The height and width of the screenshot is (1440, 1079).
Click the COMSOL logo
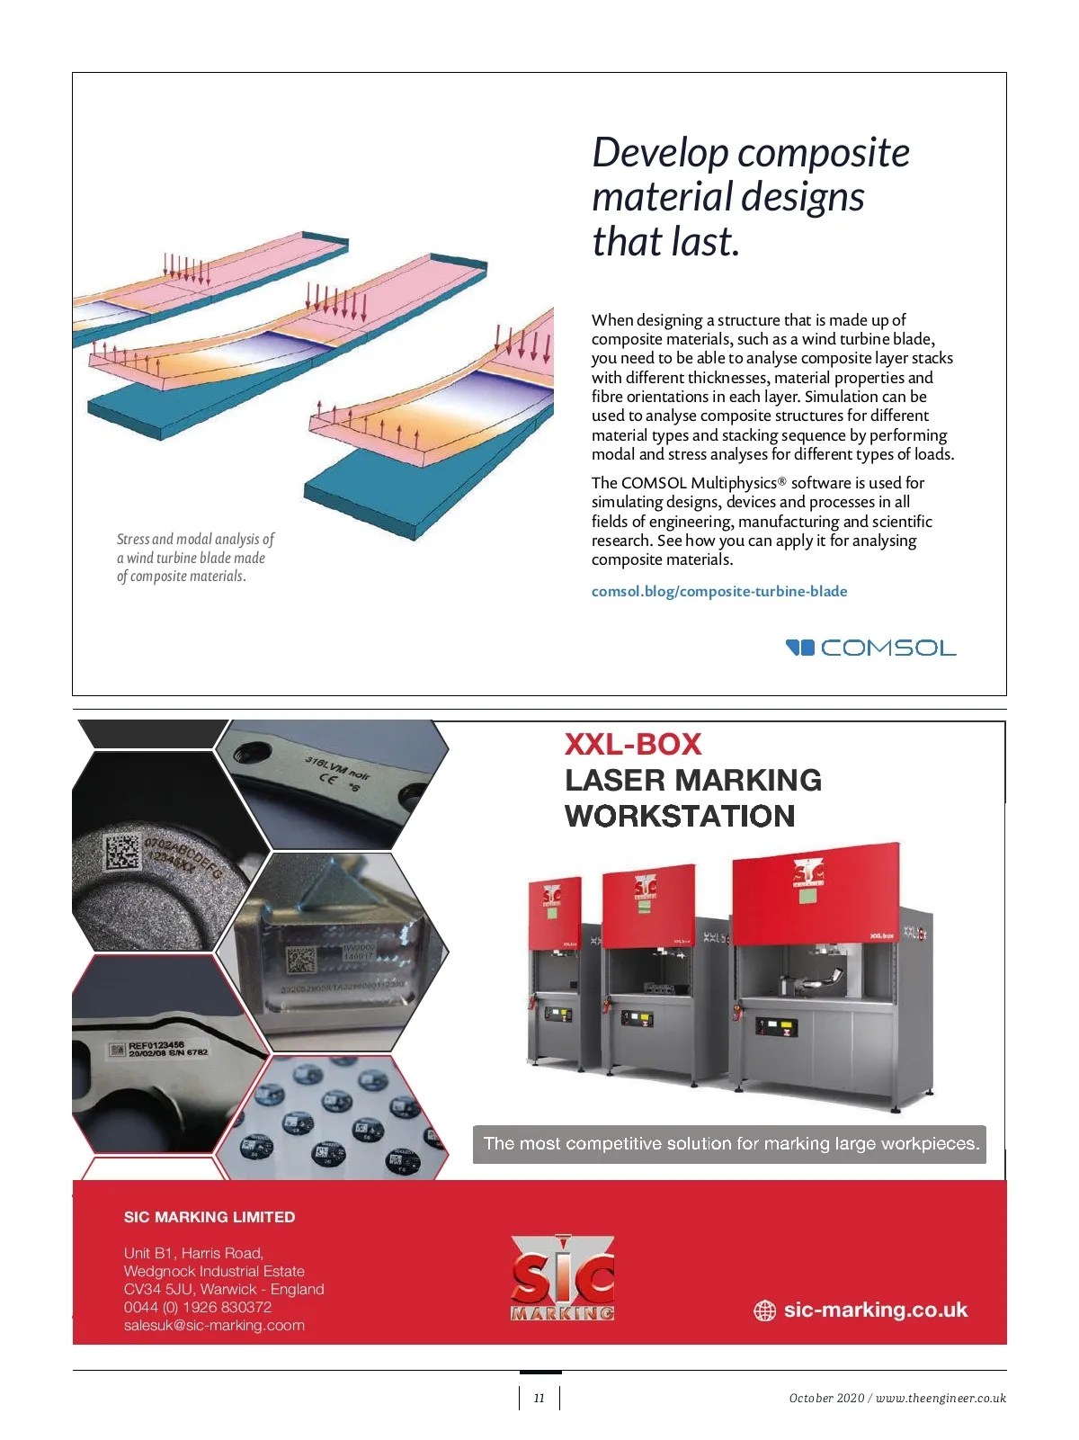point(870,648)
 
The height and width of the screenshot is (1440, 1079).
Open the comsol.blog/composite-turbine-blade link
point(718,591)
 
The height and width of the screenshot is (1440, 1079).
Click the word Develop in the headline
point(658,153)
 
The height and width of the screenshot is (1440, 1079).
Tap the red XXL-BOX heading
point(632,744)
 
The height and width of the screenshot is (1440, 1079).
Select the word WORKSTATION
point(680,816)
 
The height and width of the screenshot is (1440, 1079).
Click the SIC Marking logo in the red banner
point(563,1278)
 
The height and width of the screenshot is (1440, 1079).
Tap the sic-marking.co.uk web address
point(875,1310)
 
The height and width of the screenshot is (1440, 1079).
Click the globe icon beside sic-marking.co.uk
point(764,1310)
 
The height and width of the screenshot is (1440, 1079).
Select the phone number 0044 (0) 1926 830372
point(198,1307)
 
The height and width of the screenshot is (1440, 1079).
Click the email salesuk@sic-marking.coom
point(214,1325)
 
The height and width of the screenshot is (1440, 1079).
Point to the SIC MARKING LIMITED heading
point(210,1217)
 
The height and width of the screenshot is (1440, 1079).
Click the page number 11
point(539,1398)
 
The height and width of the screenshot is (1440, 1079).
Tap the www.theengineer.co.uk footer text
point(941,1398)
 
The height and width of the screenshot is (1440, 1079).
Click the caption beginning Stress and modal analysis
point(194,558)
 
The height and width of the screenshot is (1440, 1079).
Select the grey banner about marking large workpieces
point(729,1144)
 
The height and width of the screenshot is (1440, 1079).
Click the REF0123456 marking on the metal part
point(156,1046)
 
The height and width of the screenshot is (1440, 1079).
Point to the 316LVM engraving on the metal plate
point(336,769)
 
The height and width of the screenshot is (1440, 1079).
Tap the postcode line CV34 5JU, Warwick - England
point(224,1289)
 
